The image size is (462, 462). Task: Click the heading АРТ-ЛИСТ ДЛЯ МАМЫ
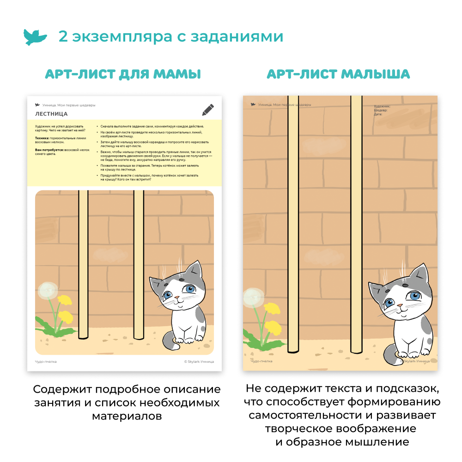pyautogui.click(x=123, y=74)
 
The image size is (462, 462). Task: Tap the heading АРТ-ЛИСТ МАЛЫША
pyautogui.click(x=338, y=74)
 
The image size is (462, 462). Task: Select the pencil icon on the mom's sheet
pyautogui.click(x=208, y=110)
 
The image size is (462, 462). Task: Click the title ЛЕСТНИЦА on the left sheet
pyautogui.click(x=51, y=114)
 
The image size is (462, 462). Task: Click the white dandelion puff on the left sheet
pyautogui.click(x=48, y=290)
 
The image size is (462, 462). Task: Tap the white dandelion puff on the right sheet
pyautogui.click(x=253, y=298)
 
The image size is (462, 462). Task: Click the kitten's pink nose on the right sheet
pyautogui.click(x=398, y=306)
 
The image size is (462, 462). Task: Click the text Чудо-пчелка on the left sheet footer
pyautogui.click(x=46, y=362)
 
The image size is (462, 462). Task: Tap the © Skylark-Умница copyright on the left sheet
pyautogui.click(x=199, y=362)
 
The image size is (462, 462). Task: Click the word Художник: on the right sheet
pyautogui.click(x=382, y=106)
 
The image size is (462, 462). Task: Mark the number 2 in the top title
pyautogui.click(x=63, y=36)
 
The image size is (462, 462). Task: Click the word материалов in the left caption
pyautogui.click(x=127, y=416)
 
